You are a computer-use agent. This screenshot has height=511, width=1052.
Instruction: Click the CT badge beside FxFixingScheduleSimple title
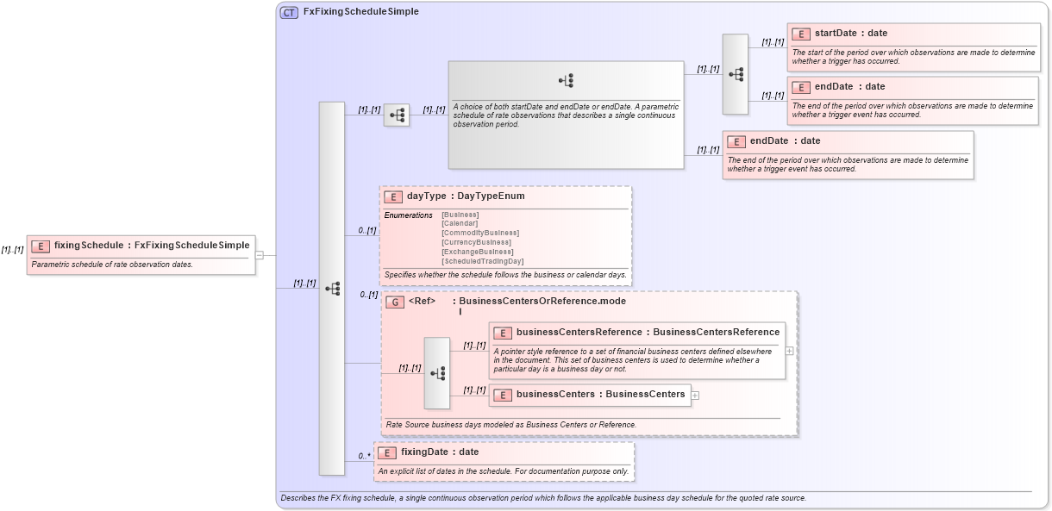pos(289,12)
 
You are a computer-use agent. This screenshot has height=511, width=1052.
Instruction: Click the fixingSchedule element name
pos(90,246)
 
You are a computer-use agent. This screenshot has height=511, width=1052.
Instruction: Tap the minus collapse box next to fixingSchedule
pos(260,255)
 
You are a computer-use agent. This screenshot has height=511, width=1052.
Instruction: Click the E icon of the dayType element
pos(393,196)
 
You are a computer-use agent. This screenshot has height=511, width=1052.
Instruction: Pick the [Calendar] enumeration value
pos(460,223)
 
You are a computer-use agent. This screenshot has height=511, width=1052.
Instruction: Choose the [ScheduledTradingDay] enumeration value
pos(482,261)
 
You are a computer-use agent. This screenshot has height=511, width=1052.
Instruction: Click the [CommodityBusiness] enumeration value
pos(480,233)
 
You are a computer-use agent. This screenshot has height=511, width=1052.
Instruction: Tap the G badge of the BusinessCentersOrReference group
pos(394,302)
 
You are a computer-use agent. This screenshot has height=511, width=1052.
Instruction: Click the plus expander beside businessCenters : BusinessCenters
pos(695,396)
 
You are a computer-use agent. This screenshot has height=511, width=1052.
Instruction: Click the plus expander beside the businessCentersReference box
pos(789,351)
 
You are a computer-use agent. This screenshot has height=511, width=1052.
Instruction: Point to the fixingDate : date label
pos(439,452)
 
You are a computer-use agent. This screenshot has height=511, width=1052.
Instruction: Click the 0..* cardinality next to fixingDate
pos(365,456)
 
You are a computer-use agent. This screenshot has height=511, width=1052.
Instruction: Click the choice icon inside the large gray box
pos(567,81)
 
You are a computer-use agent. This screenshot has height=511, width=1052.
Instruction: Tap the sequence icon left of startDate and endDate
pos(736,74)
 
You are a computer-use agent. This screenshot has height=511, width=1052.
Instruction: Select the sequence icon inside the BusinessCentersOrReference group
pos(437,373)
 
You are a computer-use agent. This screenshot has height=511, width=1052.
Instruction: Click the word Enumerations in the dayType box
pos(408,215)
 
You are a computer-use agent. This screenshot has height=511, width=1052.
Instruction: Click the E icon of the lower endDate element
pos(736,142)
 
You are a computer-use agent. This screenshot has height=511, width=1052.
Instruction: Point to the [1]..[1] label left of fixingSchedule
pos(12,250)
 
